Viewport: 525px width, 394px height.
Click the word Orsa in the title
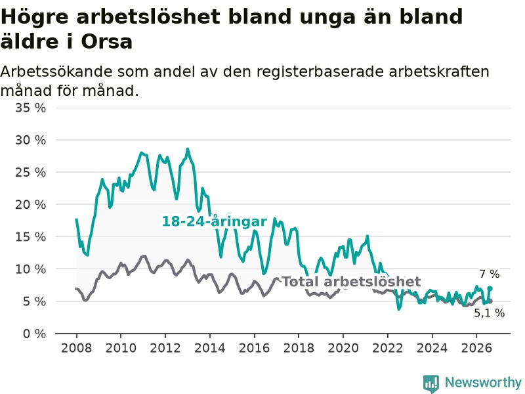coord(106,42)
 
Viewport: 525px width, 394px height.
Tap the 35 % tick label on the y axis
coord(30,108)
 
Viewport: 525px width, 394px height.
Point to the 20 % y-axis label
coord(30,204)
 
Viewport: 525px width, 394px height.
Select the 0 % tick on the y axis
coord(35,334)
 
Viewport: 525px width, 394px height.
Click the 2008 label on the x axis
coord(76,348)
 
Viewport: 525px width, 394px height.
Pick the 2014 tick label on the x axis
coord(209,348)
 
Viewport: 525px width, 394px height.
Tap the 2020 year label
coord(343,348)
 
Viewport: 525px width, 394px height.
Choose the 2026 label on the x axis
coord(476,348)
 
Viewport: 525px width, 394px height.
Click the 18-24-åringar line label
coord(215,221)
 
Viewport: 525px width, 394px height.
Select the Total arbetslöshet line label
coord(351,282)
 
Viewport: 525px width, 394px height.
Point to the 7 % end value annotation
coord(490,274)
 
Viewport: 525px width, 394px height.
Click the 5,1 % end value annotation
coord(489,313)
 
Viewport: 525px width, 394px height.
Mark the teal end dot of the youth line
coord(490,288)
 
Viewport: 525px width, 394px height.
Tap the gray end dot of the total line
coord(490,301)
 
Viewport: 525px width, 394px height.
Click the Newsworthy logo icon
coord(431,383)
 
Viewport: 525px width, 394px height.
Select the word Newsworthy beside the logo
coord(483,382)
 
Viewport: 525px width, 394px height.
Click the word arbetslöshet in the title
coord(148,17)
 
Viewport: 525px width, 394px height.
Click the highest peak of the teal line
coord(188,149)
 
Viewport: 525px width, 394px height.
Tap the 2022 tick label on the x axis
coord(387,348)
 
